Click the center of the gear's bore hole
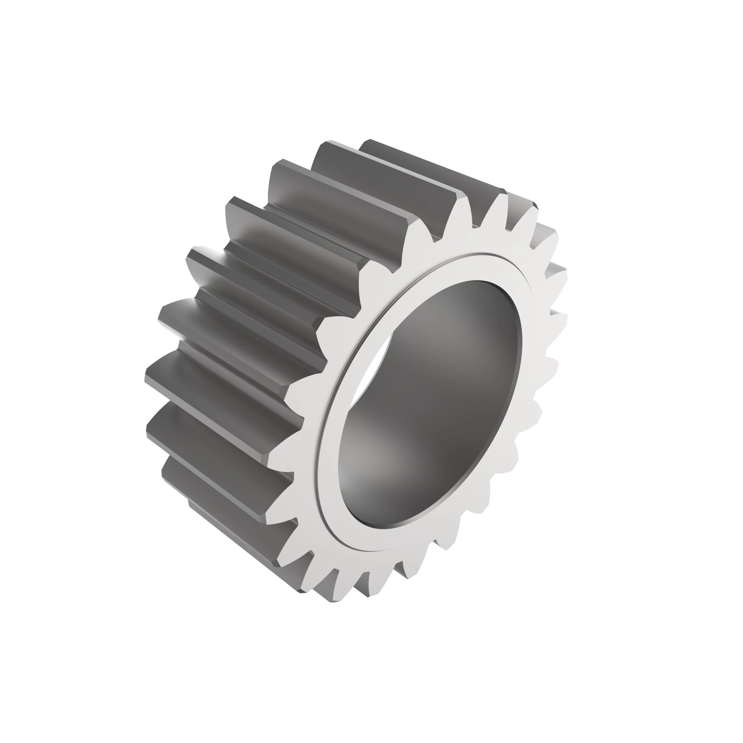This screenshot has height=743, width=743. tap(430, 404)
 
